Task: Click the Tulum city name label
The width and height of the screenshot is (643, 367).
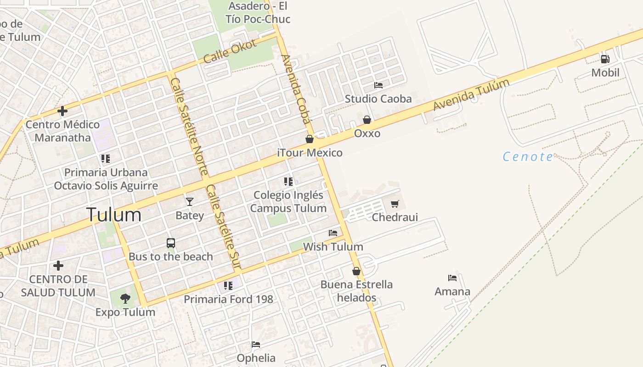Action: coord(113,215)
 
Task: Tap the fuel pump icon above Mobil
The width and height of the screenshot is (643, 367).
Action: coord(605,59)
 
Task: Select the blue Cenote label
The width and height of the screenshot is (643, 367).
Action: coord(528,157)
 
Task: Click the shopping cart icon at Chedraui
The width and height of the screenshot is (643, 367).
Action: coord(395,204)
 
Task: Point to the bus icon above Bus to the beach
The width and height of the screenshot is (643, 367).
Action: coord(171,243)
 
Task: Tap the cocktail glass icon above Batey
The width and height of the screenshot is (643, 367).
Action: coord(189,201)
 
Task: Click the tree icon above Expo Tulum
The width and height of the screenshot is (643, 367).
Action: coord(125,299)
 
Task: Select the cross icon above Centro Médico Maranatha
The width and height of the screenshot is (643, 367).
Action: coord(62,111)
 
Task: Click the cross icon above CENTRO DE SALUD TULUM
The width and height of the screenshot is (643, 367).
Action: coord(58,266)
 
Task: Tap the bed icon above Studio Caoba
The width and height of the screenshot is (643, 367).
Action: coord(378,85)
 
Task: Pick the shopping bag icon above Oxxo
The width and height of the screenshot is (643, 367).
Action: coord(367,120)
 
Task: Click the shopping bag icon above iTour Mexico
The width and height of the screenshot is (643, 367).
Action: coord(310,139)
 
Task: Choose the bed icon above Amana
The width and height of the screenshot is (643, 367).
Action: coord(452,278)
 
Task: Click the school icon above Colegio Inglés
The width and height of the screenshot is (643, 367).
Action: coord(288,182)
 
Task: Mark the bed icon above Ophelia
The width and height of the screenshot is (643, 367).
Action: coord(256,345)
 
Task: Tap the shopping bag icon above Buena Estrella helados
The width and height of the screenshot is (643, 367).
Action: coord(356,271)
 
